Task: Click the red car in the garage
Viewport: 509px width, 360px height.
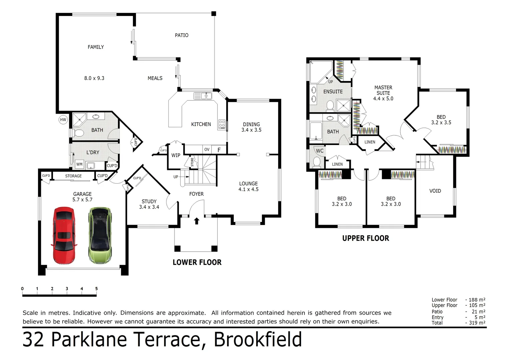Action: [x=64, y=235]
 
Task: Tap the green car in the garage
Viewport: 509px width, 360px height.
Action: [x=100, y=235]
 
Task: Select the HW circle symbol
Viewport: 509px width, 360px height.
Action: [x=63, y=120]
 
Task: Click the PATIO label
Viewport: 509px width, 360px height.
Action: [x=182, y=35]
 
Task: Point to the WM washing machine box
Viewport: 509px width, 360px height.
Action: [x=79, y=164]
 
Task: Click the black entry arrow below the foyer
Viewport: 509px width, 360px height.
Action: [x=197, y=221]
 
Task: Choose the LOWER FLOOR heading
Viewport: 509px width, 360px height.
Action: [x=197, y=262]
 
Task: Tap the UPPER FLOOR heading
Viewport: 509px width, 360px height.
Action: [x=365, y=238]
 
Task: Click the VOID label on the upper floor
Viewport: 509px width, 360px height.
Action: [x=435, y=191]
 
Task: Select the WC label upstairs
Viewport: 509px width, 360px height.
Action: [x=320, y=151]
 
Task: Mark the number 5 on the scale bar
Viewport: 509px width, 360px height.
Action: [x=97, y=289]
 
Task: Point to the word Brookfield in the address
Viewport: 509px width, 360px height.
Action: [x=257, y=340]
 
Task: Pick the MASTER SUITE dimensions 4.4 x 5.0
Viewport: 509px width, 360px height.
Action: [x=383, y=99]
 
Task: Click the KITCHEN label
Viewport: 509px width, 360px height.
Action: [x=201, y=124]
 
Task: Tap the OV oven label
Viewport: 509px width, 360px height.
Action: [x=207, y=149]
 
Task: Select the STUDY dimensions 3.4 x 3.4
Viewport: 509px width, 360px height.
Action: [x=149, y=207]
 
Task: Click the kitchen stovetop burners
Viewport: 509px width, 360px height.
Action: [x=222, y=124]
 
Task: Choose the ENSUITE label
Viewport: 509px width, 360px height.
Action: [x=333, y=92]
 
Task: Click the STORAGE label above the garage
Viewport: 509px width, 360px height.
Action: [x=73, y=176]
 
